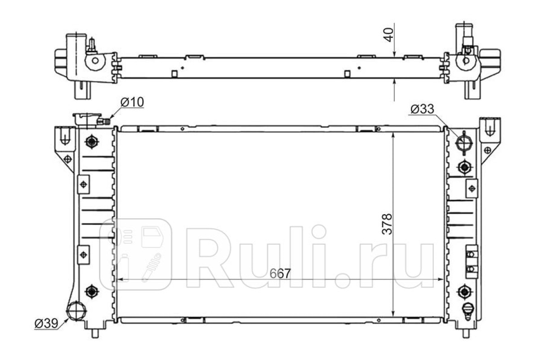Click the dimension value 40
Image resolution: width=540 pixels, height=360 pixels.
(x=389, y=35)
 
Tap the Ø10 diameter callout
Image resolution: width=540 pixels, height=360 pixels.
(x=132, y=102)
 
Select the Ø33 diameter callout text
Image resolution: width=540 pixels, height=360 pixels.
(x=422, y=109)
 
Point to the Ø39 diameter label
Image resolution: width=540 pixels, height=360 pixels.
(x=46, y=324)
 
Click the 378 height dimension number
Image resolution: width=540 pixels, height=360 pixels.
(x=387, y=224)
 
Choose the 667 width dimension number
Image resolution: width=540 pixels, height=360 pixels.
(x=280, y=274)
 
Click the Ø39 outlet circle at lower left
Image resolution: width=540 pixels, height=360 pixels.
(x=76, y=311)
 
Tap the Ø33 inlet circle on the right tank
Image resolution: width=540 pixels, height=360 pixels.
(x=464, y=143)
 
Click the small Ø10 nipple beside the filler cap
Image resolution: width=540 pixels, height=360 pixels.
(x=103, y=121)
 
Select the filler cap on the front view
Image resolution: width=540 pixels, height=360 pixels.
(x=87, y=120)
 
